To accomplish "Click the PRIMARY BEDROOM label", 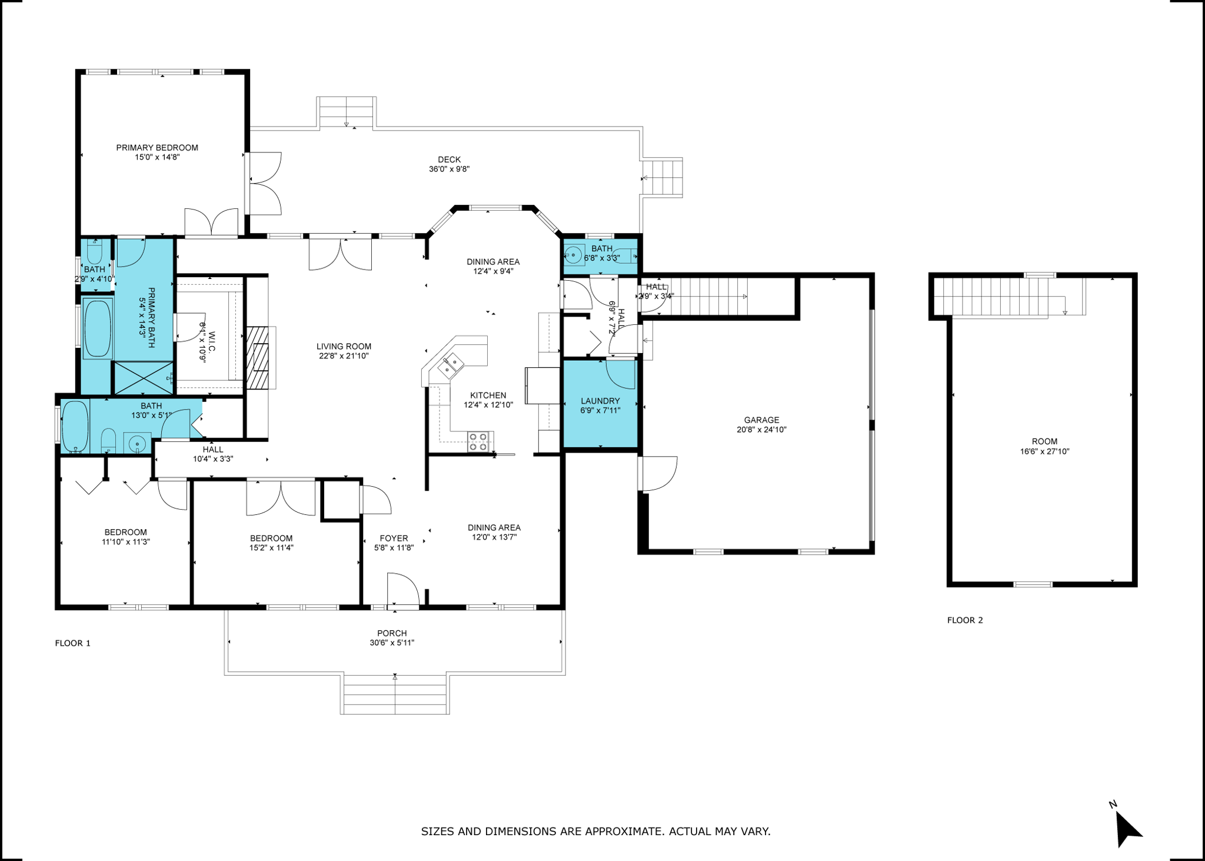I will coord(157,148).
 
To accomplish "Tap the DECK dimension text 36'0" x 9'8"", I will coord(449,169).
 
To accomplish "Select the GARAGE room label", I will coord(761,420).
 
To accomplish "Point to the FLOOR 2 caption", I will coord(964,620).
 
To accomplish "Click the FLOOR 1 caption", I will coord(72,643).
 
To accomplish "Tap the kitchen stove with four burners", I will coord(479,442).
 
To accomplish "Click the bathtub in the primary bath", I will coord(98,328).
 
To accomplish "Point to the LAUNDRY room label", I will coord(600,401).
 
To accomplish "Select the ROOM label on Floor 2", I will coord(1044,441).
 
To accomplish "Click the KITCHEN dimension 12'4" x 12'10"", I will coord(488,405).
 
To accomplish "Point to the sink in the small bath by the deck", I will coord(572,255).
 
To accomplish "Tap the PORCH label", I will coord(392,633).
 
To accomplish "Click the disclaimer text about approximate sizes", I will coord(595,832).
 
